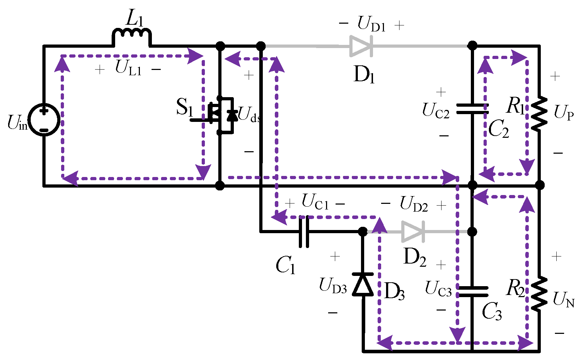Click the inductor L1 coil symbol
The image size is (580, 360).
(132, 35)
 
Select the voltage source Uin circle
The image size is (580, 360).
(44, 120)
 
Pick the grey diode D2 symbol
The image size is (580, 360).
(413, 232)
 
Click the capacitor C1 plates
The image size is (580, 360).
(304, 232)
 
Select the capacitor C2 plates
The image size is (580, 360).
(472, 109)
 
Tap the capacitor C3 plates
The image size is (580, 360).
(472, 291)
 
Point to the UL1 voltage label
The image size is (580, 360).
(128, 68)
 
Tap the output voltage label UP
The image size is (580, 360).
(563, 113)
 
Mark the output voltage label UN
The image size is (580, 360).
(563, 300)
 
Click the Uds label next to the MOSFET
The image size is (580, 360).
(249, 115)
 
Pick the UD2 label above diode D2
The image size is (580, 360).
(414, 205)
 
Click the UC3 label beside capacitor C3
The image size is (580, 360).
(438, 289)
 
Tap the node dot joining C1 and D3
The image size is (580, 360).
(363, 232)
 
